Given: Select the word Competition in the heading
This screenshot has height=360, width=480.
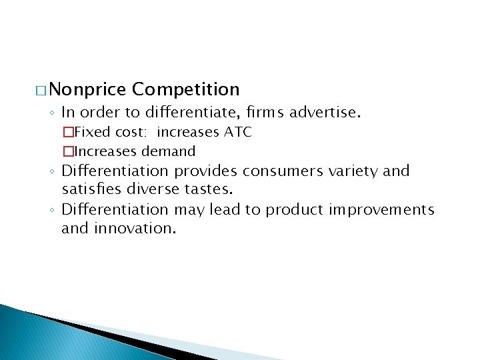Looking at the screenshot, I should click(x=186, y=89).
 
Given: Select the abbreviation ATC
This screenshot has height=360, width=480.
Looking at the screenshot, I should click(x=237, y=132).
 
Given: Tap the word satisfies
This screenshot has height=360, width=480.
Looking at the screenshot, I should click(x=89, y=189).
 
